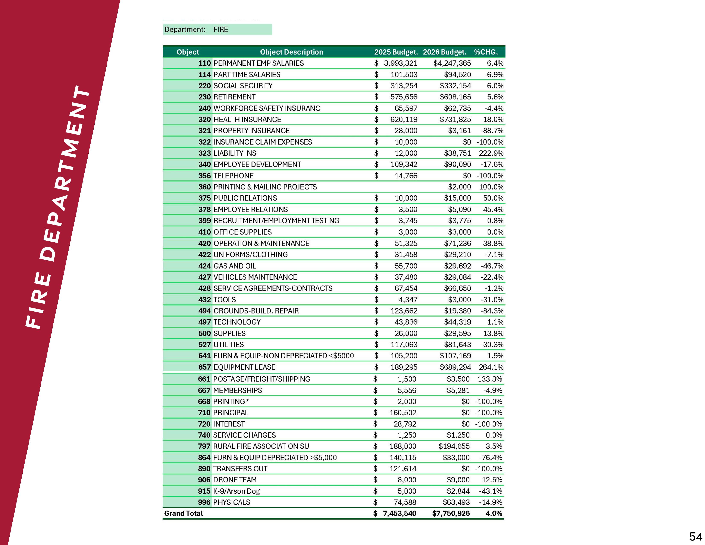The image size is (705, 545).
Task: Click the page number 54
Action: tap(695, 536)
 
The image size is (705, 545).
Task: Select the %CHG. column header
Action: tap(486, 52)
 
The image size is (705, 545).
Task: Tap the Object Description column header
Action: tap(291, 52)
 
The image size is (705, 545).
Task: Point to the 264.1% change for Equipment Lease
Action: tap(491, 367)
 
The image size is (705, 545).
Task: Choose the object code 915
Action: tap(204, 491)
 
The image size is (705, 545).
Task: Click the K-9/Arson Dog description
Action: tap(236, 491)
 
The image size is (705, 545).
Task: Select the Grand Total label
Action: tap(183, 513)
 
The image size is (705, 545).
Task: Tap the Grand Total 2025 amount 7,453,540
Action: tap(399, 513)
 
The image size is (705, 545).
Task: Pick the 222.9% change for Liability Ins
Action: tap(491, 153)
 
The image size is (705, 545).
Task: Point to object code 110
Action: tap(204, 63)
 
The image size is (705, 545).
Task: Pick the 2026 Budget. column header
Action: tap(445, 52)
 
